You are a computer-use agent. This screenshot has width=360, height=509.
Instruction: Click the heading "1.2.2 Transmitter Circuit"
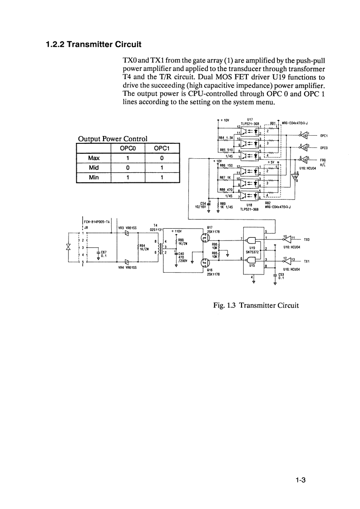coord(94,44)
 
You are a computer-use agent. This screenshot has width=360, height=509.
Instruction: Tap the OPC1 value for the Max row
coord(162,158)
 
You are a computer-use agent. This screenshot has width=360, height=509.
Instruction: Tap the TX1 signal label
coord(307,262)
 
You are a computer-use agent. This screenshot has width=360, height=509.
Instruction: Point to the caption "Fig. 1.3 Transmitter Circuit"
coord(256,305)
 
